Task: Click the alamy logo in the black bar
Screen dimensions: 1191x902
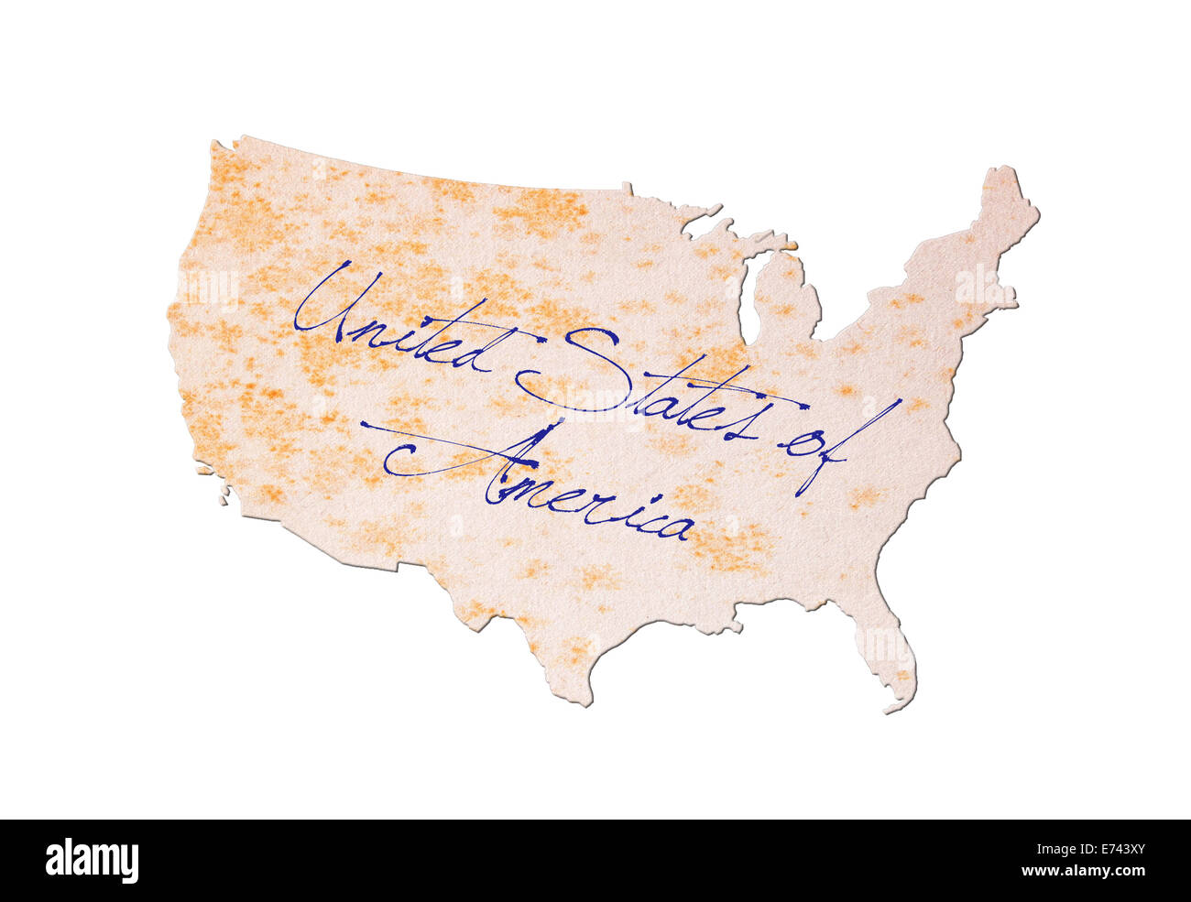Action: (x=92, y=861)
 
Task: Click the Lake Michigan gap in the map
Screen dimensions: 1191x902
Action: (x=747, y=302)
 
